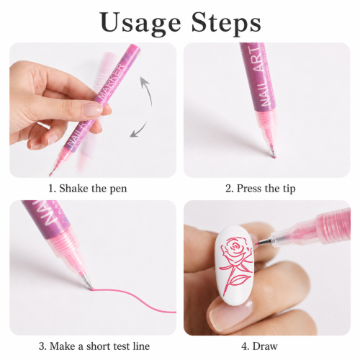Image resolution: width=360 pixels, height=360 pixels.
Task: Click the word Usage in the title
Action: [140, 23]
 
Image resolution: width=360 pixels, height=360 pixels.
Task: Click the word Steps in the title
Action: [226, 22]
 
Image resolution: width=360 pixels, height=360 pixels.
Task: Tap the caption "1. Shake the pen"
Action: [88, 189]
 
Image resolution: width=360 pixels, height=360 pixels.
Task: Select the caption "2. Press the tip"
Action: [261, 189]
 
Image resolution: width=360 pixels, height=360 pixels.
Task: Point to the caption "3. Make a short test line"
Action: [94, 346]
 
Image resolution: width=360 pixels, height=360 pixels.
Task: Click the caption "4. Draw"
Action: [259, 346]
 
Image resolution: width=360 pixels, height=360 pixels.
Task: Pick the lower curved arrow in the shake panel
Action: [138, 130]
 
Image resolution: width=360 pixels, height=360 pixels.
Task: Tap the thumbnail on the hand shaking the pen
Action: [93, 109]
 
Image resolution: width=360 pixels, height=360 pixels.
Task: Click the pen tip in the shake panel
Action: [50, 174]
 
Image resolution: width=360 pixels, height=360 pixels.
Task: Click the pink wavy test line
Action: [134, 297]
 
